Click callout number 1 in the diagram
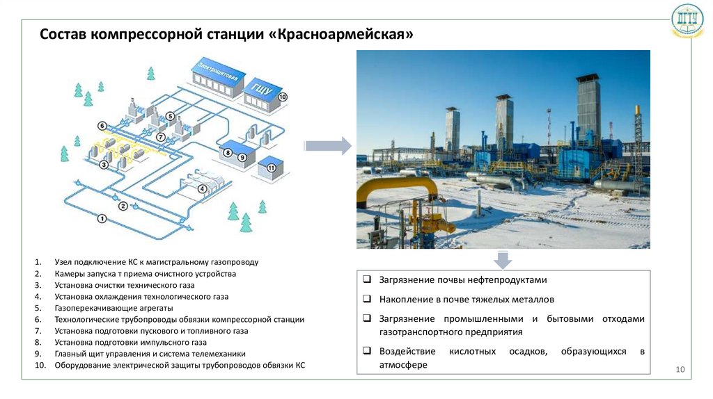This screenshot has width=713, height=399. coord(102,219)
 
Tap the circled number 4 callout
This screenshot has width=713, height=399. coord(202,188)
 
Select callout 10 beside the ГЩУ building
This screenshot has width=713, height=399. coord(282,97)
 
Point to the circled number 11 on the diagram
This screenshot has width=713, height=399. coord(271,168)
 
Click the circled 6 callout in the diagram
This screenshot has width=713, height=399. coord(102,126)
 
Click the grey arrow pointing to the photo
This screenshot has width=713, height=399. coord(328,146)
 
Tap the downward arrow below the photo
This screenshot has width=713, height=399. coord(503,260)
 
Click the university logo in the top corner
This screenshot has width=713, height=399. coord(687,23)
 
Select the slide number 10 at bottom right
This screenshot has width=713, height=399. coord(681,369)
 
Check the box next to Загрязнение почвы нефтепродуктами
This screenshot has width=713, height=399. coord(367,280)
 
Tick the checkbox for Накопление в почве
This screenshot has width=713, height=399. coord(367,300)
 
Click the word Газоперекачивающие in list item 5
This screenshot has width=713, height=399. coord(94,307)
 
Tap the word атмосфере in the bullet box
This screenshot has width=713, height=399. coord(403,365)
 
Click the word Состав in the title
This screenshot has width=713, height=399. coord(63,34)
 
